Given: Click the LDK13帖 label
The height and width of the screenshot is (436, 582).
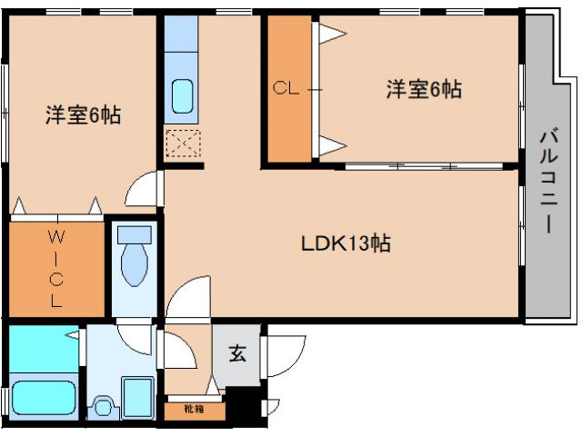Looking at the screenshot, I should click(x=346, y=243).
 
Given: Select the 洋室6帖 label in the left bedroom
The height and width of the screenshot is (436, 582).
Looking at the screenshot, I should click(x=84, y=116).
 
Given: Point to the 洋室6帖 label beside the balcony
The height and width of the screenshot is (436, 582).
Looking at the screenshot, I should click(x=423, y=89).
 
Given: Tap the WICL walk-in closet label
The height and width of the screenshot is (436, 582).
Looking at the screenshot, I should click(x=55, y=271).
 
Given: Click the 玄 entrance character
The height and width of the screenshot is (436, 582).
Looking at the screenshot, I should click(x=236, y=354).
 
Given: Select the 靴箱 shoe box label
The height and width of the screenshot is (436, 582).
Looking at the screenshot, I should click(x=194, y=410).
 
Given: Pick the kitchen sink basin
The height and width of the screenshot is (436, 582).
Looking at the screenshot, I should click(x=182, y=95).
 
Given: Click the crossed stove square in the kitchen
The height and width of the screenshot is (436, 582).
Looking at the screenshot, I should click(x=182, y=144).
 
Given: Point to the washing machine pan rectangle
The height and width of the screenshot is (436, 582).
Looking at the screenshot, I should click(x=141, y=398).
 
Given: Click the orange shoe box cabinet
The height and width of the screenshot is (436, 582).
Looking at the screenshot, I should click(x=194, y=410).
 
